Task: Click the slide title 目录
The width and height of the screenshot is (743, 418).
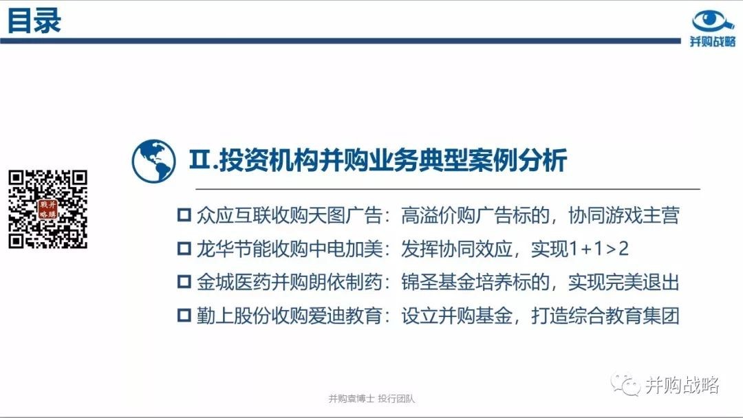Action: (34, 21)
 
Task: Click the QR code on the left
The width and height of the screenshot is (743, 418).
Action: (48, 209)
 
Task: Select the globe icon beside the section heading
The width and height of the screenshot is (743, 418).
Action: (153, 161)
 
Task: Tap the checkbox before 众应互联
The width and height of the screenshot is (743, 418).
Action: (184, 215)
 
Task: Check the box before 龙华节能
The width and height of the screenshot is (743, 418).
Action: (184, 248)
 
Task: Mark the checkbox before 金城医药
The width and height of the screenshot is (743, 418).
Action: (184, 282)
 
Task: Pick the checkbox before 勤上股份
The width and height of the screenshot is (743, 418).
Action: (184, 316)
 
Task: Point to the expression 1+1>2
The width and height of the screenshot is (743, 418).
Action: (599, 248)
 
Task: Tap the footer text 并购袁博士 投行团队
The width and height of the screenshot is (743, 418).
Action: (371, 399)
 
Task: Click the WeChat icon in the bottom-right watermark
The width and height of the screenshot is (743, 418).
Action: (625, 384)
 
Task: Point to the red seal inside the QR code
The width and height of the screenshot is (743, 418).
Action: (48, 209)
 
